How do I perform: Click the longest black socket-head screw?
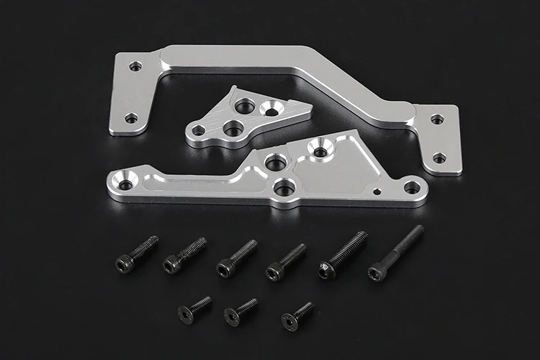(x=395, y=253)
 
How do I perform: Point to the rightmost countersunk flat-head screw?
(x=297, y=315)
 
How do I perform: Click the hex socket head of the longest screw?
(x=375, y=272)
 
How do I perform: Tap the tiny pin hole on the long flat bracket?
(x=377, y=192)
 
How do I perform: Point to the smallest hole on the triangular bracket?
(x=198, y=130)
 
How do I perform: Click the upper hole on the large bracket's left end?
(x=135, y=66)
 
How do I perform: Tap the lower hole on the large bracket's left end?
(x=131, y=118)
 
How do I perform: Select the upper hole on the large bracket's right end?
(x=436, y=119)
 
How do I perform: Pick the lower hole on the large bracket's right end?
(x=438, y=158)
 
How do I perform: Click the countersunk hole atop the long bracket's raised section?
(x=320, y=151)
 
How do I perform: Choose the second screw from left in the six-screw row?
(x=184, y=256)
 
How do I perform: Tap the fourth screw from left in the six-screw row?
(x=286, y=261)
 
